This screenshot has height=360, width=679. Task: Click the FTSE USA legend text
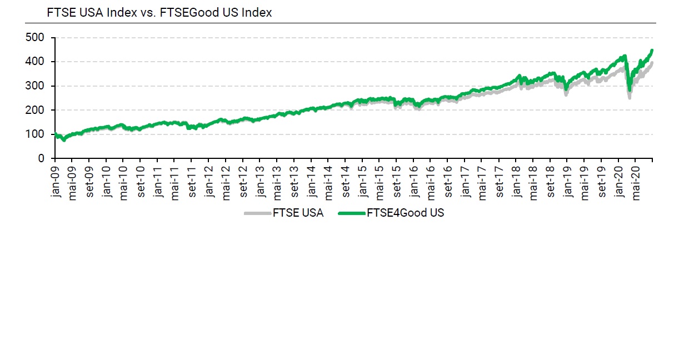(298, 213)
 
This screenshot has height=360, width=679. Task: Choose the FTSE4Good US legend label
(406, 213)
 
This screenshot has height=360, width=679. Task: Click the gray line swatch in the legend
(257, 213)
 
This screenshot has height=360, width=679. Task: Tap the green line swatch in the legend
(351, 213)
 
